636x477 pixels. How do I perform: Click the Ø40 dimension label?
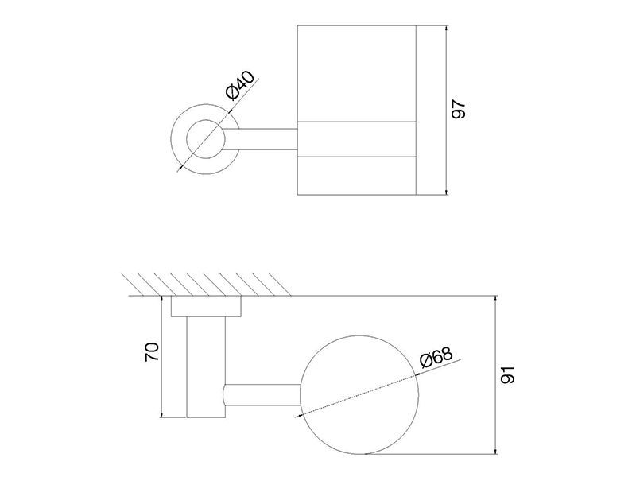click(241, 86)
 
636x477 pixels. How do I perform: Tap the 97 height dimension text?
click(459, 109)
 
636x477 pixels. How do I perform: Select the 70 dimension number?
click(152, 352)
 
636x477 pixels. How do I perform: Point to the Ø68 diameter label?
click(436, 357)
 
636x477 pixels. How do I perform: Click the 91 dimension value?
click(507, 374)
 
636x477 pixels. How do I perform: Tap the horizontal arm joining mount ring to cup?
click(262, 140)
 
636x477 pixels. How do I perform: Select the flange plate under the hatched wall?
click(206, 306)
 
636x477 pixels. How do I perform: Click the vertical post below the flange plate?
click(206, 366)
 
